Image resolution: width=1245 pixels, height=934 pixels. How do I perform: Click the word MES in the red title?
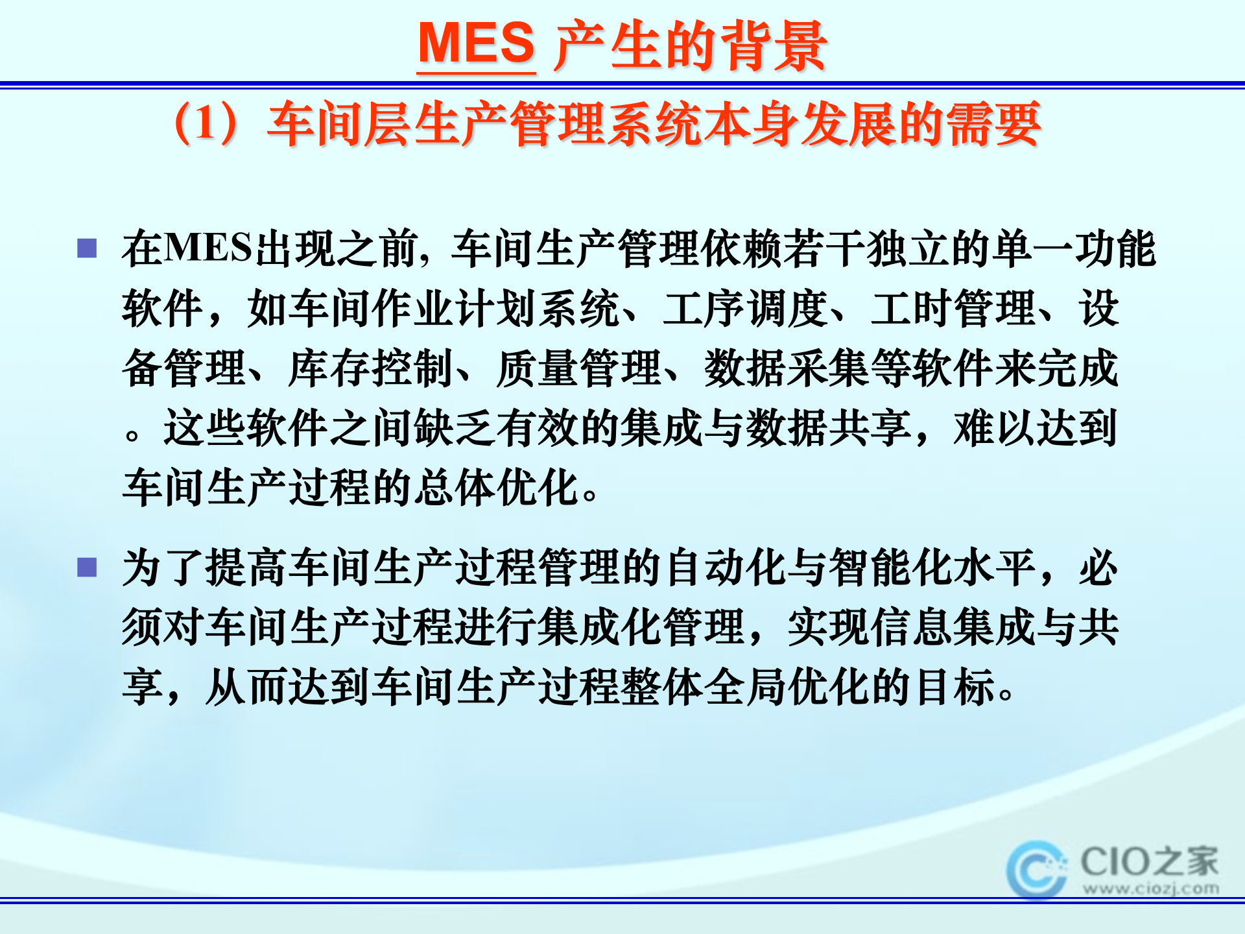pos(477,44)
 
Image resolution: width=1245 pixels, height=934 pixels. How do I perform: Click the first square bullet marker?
pos(87,248)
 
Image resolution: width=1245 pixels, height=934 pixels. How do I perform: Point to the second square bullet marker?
pos(87,568)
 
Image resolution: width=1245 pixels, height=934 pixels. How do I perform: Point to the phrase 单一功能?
pos(1074,248)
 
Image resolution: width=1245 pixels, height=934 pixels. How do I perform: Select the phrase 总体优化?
pos(495,488)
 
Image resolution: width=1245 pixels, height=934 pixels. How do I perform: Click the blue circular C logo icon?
pos(1036,869)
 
